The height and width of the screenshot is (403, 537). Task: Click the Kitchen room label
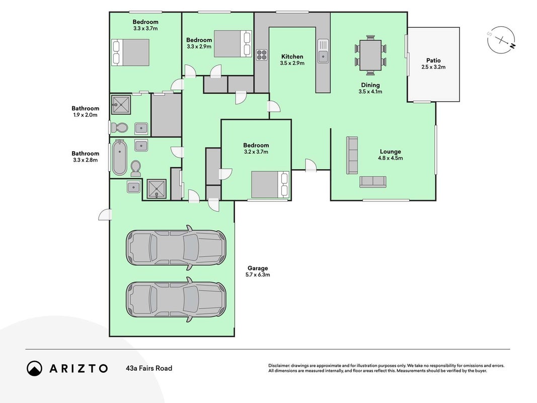[x=292, y=56]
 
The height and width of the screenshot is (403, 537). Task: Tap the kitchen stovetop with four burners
[x=262, y=55]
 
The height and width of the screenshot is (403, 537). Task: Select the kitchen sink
[x=323, y=51]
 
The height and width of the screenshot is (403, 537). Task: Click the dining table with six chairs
[x=370, y=55]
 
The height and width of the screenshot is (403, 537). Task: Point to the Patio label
[x=433, y=60]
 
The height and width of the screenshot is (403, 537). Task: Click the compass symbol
[x=502, y=40]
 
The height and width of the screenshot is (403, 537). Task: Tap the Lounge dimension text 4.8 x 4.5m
[x=390, y=158]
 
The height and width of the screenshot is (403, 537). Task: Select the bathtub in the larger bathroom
[x=119, y=157]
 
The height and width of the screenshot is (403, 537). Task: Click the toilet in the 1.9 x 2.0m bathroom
[x=119, y=128]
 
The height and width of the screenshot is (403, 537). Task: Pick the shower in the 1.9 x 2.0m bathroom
[x=121, y=105]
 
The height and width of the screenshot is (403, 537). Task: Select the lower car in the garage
[x=176, y=300]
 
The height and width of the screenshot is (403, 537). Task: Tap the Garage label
[x=258, y=268]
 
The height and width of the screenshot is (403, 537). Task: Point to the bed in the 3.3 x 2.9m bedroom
[x=233, y=44]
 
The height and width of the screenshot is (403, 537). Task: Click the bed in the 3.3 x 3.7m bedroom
[x=130, y=52]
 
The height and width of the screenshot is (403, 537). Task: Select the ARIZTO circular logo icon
[x=34, y=368]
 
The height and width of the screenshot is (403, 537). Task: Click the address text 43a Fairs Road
[x=149, y=368]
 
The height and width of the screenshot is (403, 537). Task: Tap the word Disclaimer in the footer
[x=279, y=366]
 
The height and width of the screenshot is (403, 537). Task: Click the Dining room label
[x=370, y=85]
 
